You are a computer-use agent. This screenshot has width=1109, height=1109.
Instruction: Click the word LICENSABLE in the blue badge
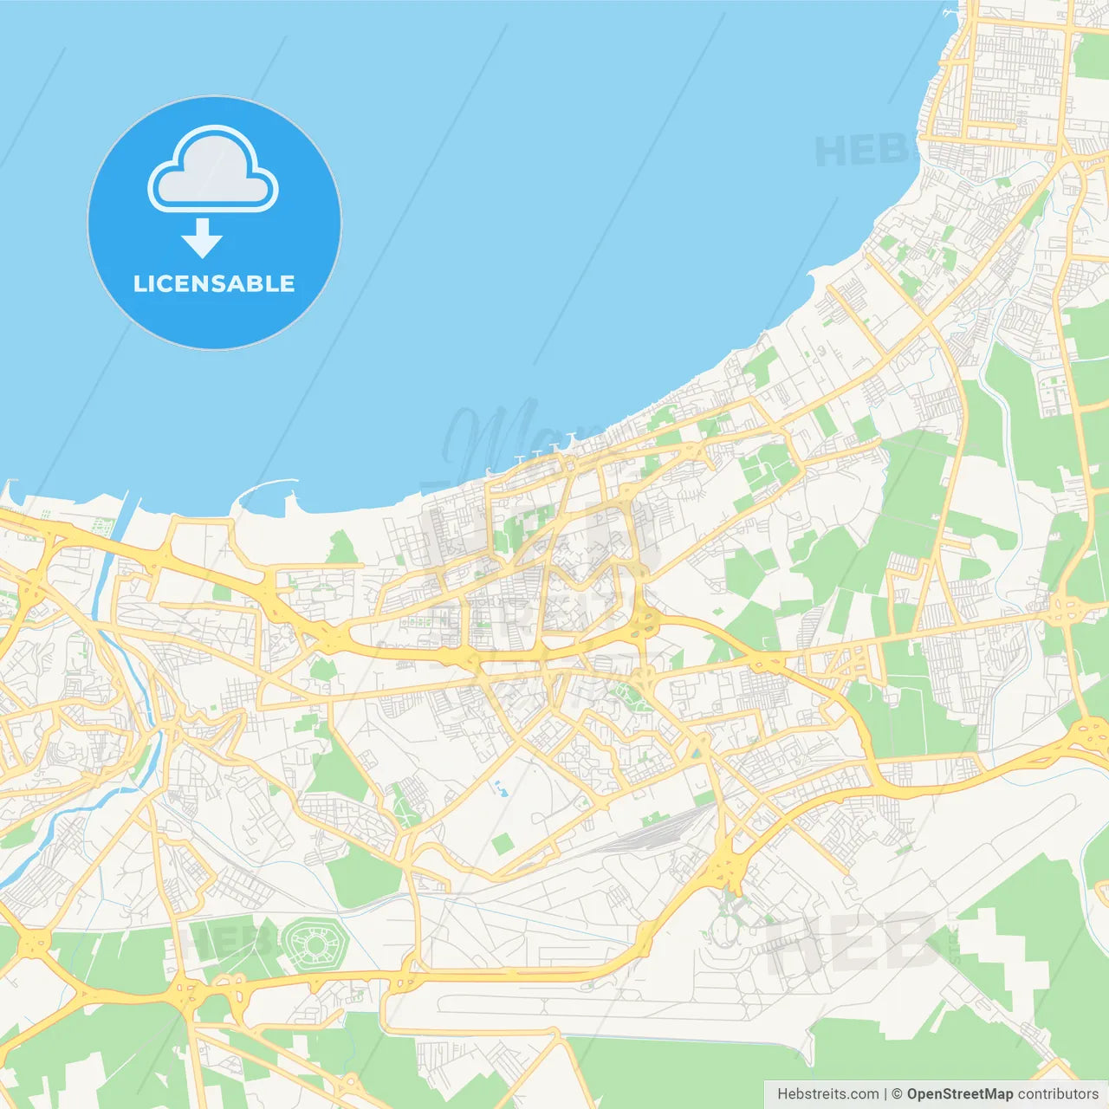tap(214, 283)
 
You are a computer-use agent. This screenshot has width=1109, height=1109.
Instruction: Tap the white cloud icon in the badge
tap(213, 171)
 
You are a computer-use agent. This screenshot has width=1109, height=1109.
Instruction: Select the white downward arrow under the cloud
tap(203, 238)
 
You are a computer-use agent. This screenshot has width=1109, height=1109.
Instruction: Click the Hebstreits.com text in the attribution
tap(827, 1094)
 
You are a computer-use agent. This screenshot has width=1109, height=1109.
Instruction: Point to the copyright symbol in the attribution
tap(898, 1094)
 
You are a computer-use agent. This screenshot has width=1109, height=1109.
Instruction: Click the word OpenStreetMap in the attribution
tap(959, 1094)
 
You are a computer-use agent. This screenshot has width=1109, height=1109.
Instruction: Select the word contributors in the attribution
tap(1058, 1094)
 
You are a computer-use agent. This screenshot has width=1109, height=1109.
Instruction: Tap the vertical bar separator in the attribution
tap(885, 1094)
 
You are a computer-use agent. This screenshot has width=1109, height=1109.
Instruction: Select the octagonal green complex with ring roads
tap(314, 944)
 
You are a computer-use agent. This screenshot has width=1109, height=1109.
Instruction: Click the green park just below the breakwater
tap(342, 548)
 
